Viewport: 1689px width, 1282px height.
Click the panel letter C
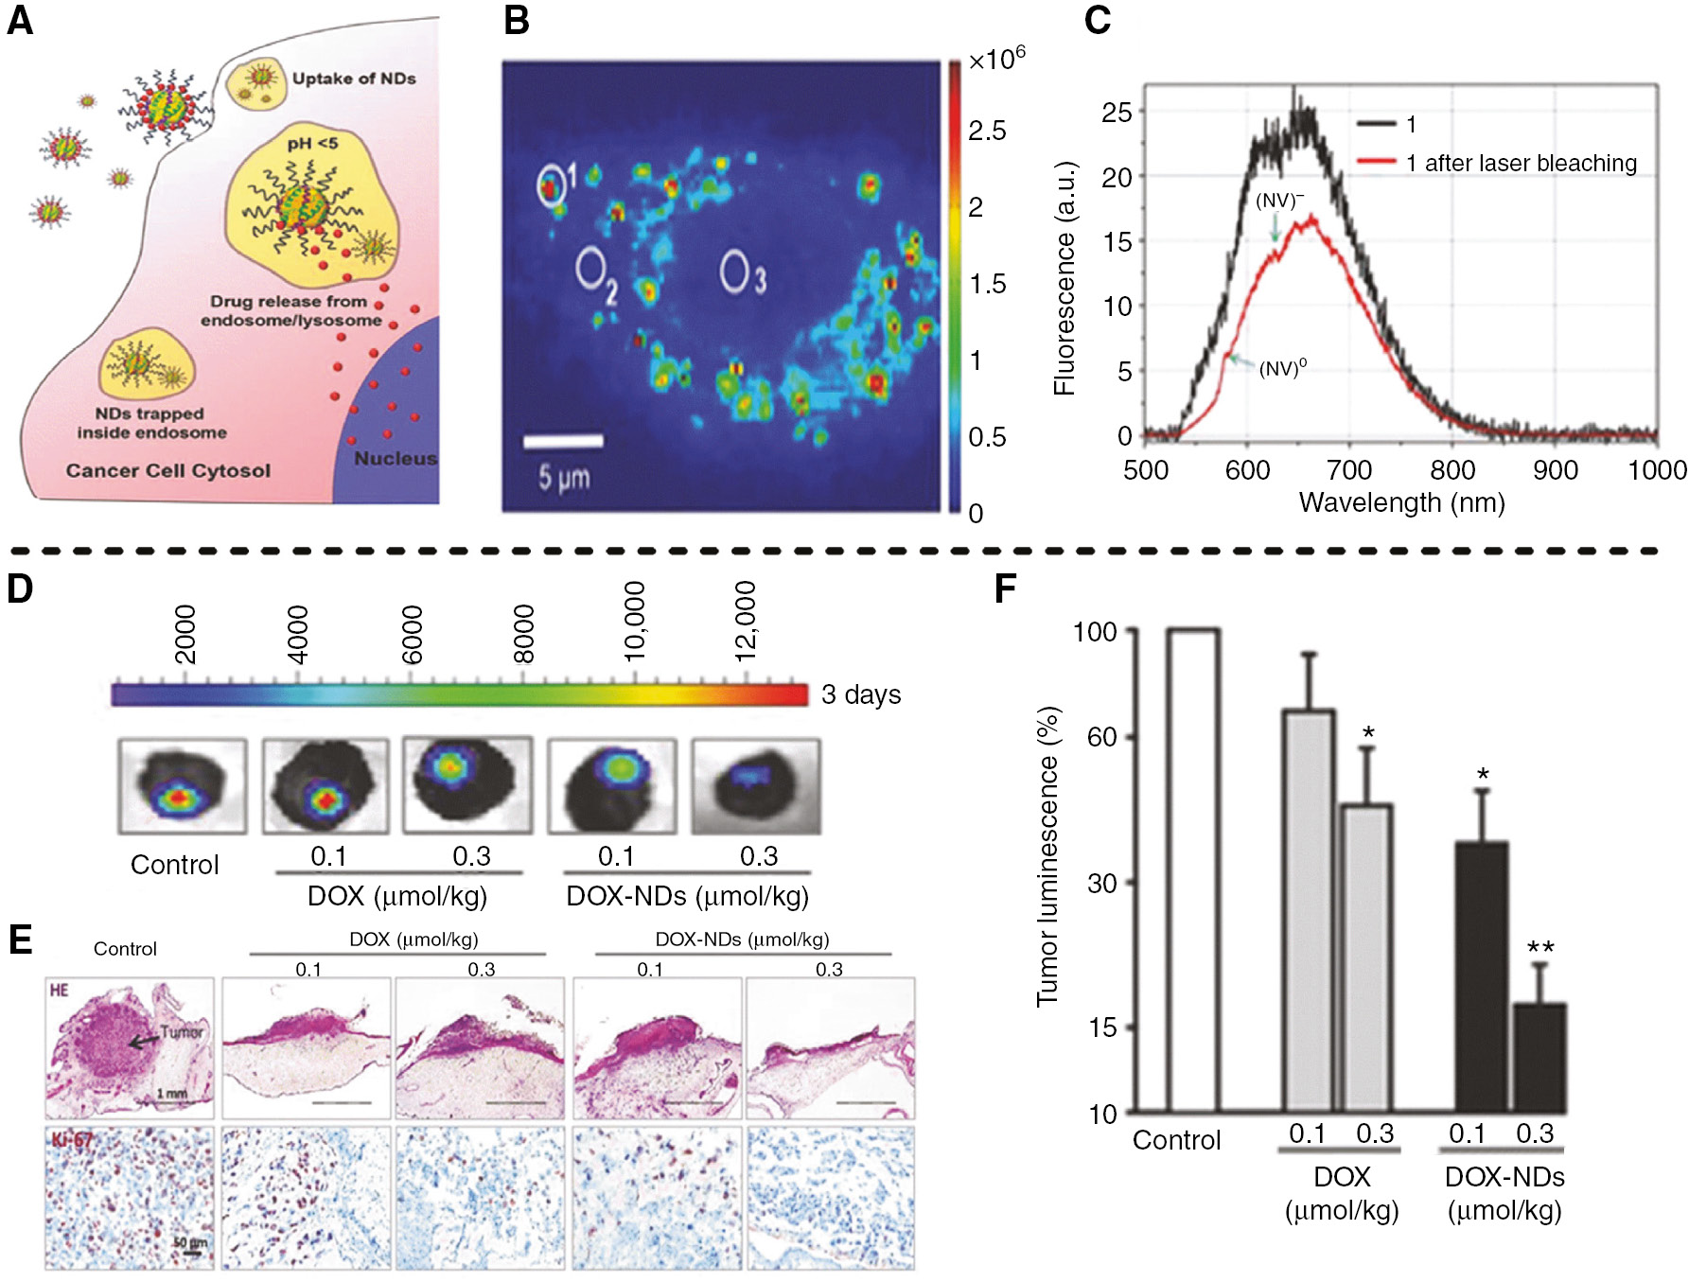pos(1097,20)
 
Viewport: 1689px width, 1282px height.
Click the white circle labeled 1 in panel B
pos(551,186)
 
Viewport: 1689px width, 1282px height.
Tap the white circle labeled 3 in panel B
pos(734,272)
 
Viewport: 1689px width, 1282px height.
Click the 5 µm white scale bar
pos(563,441)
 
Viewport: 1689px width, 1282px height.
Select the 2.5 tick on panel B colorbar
pos(986,131)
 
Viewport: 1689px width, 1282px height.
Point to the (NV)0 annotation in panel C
pos(1282,368)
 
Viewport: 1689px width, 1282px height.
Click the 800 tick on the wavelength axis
pos(1451,470)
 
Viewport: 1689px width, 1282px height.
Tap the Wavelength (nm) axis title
pos(1401,502)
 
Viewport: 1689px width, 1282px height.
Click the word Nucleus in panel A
pos(396,459)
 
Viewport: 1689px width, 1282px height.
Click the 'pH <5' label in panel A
pos(313,144)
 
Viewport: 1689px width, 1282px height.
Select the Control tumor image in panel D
pos(182,787)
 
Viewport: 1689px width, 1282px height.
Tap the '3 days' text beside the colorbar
pos(860,694)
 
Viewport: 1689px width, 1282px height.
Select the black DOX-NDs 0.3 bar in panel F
pos(1539,1057)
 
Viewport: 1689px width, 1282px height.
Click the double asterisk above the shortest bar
pos(1539,948)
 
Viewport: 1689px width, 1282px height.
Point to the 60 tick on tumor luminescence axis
pos(1101,736)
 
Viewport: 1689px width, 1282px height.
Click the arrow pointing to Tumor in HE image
pos(144,1041)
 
